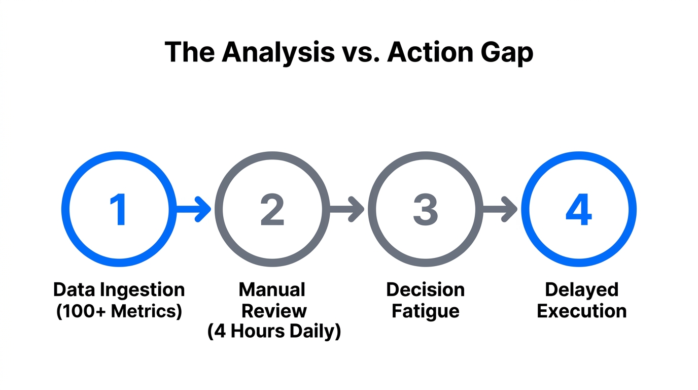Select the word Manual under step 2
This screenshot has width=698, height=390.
pyautogui.click(x=272, y=290)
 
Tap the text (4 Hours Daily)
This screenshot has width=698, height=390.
pyautogui.click(x=274, y=332)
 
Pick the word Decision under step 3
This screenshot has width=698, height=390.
pyautogui.click(x=425, y=290)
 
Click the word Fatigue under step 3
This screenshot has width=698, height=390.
pyautogui.click(x=425, y=311)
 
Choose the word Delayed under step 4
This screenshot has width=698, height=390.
pyautogui.click(x=581, y=290)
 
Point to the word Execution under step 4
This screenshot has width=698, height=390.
pyautogui.click(x=581, y=311)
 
